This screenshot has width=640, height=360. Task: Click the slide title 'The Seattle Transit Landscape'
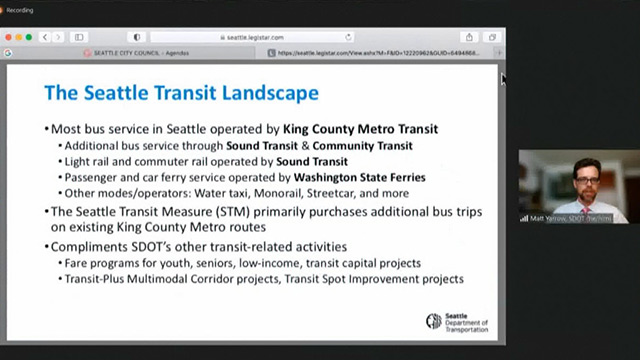click(x=181, y=93)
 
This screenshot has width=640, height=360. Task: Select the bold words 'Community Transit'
click(x=368, y=145)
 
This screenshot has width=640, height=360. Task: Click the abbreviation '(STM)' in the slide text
click(x=198, y=211)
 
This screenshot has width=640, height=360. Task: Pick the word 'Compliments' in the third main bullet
click(x=87, y=245)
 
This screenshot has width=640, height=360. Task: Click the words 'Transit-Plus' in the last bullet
click(x=99, y=277)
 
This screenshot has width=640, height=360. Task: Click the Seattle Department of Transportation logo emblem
click(x=433, y=321)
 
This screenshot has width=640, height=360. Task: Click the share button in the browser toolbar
click(x=469, y=37)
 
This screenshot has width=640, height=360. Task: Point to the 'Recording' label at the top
click(x=22, y=11)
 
